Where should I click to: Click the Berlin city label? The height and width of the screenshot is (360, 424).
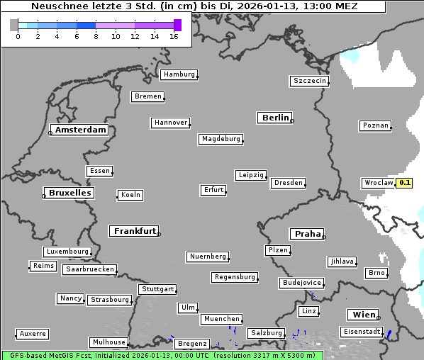[275, 118]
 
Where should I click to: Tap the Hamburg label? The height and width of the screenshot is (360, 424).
[179, 74]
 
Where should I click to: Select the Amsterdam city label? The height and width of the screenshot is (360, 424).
[80, 130]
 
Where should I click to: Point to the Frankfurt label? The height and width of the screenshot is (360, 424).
[135, 231]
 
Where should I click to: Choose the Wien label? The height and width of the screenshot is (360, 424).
[364, 315]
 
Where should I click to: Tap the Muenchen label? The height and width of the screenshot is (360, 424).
[222, 320]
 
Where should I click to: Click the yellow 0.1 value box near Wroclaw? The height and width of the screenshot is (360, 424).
[404, 183]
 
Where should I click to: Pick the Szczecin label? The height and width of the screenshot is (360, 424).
[310, 81]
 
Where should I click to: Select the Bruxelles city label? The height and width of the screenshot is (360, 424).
[69, 193]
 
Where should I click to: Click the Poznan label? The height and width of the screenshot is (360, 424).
[376, 125]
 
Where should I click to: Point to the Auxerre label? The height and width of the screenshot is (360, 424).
[33, 333]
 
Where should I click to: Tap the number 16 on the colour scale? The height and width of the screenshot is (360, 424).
[174, 36]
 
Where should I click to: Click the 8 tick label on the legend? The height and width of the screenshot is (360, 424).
[96, 36]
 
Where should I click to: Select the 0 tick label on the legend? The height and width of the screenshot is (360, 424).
[18, 36]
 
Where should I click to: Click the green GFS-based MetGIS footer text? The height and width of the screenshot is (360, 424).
[162, 355]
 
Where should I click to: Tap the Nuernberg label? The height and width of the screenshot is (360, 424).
[208, 257]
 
